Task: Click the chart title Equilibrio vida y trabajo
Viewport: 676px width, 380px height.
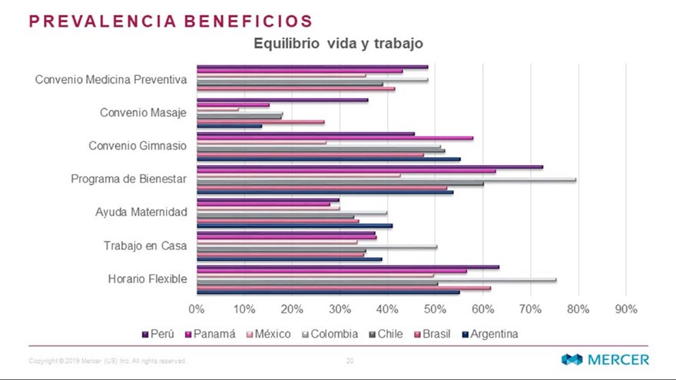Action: click(x=338, y=44)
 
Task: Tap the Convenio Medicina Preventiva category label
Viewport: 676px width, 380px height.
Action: click(x=111, y=79)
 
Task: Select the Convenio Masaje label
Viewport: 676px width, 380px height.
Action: click(x=144, y=113)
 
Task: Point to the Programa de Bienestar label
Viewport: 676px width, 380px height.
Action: click(x=129, y=179)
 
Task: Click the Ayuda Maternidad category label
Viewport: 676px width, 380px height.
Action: click(x=141, y=212)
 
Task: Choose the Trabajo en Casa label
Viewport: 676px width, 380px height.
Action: click(x=145, y=246)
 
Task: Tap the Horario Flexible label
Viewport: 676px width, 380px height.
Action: click(x=147, y=279)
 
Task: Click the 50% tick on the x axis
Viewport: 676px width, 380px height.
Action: click(x=436, y=309)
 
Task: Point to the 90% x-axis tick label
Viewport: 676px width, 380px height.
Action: click(x=626, y=309)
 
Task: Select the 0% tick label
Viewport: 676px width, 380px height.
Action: click(x=197, y=309)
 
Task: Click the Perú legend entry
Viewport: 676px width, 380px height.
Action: click(x=158, y=334)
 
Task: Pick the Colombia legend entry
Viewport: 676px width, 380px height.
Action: click(x=329, y=334)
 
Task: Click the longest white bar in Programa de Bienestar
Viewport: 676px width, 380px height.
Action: click(x=384, y=180)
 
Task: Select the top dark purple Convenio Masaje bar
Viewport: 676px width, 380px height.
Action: click(x=282, y=100)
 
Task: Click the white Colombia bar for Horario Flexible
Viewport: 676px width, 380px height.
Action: click(x=376, y=280)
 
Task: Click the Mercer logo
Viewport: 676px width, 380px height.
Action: click(x=605, y=359)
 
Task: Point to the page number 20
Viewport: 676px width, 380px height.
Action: click(x=350, y=360)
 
